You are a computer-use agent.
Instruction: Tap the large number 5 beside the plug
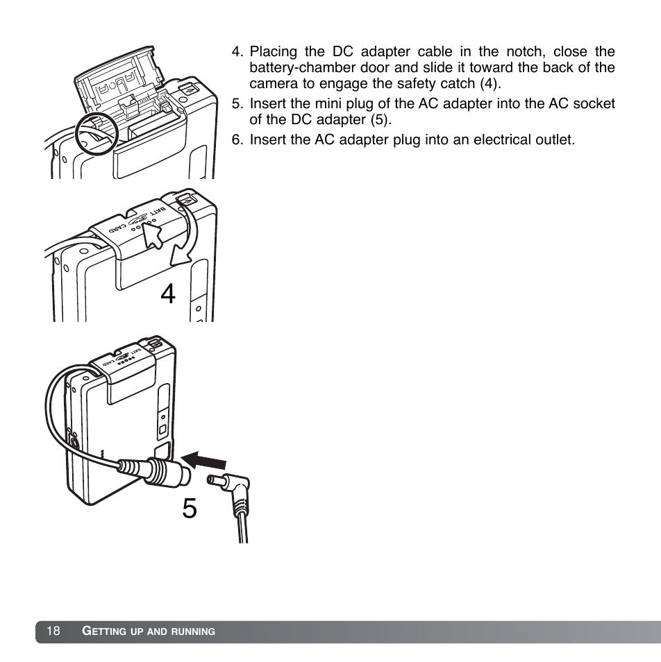(x=189, y=509)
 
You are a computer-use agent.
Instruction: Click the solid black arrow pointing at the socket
(x=203, y=459)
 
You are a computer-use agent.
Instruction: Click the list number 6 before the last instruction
(x=237, y=139)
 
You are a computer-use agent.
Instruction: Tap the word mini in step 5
(x=328, y=103)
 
